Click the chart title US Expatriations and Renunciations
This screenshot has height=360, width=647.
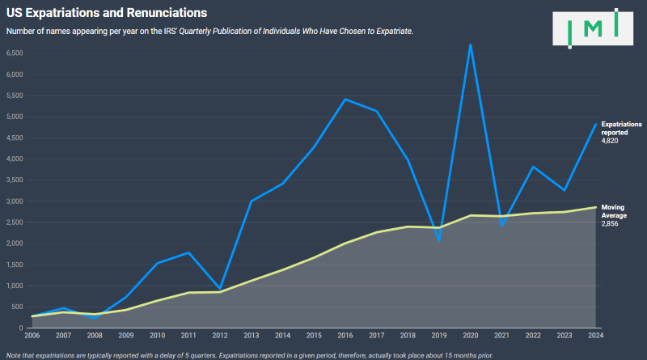(106, 13)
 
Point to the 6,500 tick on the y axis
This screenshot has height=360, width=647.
(15, 53)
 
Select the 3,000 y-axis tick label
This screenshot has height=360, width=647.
(15, 201)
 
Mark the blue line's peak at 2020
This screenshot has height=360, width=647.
(470, 44)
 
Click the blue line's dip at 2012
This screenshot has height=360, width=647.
(220, 289)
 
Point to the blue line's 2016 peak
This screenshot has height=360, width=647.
(345, 100)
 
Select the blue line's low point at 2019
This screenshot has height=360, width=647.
(439, 240)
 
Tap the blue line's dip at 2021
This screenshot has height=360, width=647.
(501, 225)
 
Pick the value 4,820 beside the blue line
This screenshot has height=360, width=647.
(610, 141)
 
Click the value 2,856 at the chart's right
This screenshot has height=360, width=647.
(610, 222)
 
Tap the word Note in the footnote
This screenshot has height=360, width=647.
(14, 354)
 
